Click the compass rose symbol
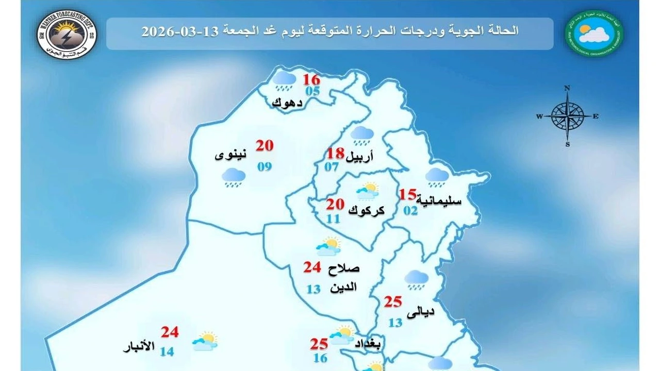[x=567, y=116]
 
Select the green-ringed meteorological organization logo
[x=594, y=32]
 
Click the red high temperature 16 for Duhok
[x=311, y=80]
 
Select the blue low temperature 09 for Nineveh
[x=265, y=166]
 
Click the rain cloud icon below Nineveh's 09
[x=233, y=178]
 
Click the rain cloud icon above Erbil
[x=362, y=135]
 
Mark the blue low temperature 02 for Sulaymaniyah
[x=410, y=210]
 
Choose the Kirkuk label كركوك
[x=367, y=210]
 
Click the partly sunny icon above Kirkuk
[x=368, y=192]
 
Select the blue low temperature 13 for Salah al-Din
[x=313, y=289]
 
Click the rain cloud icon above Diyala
[x=416, y=280]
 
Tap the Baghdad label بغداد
[x=368, y=344]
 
